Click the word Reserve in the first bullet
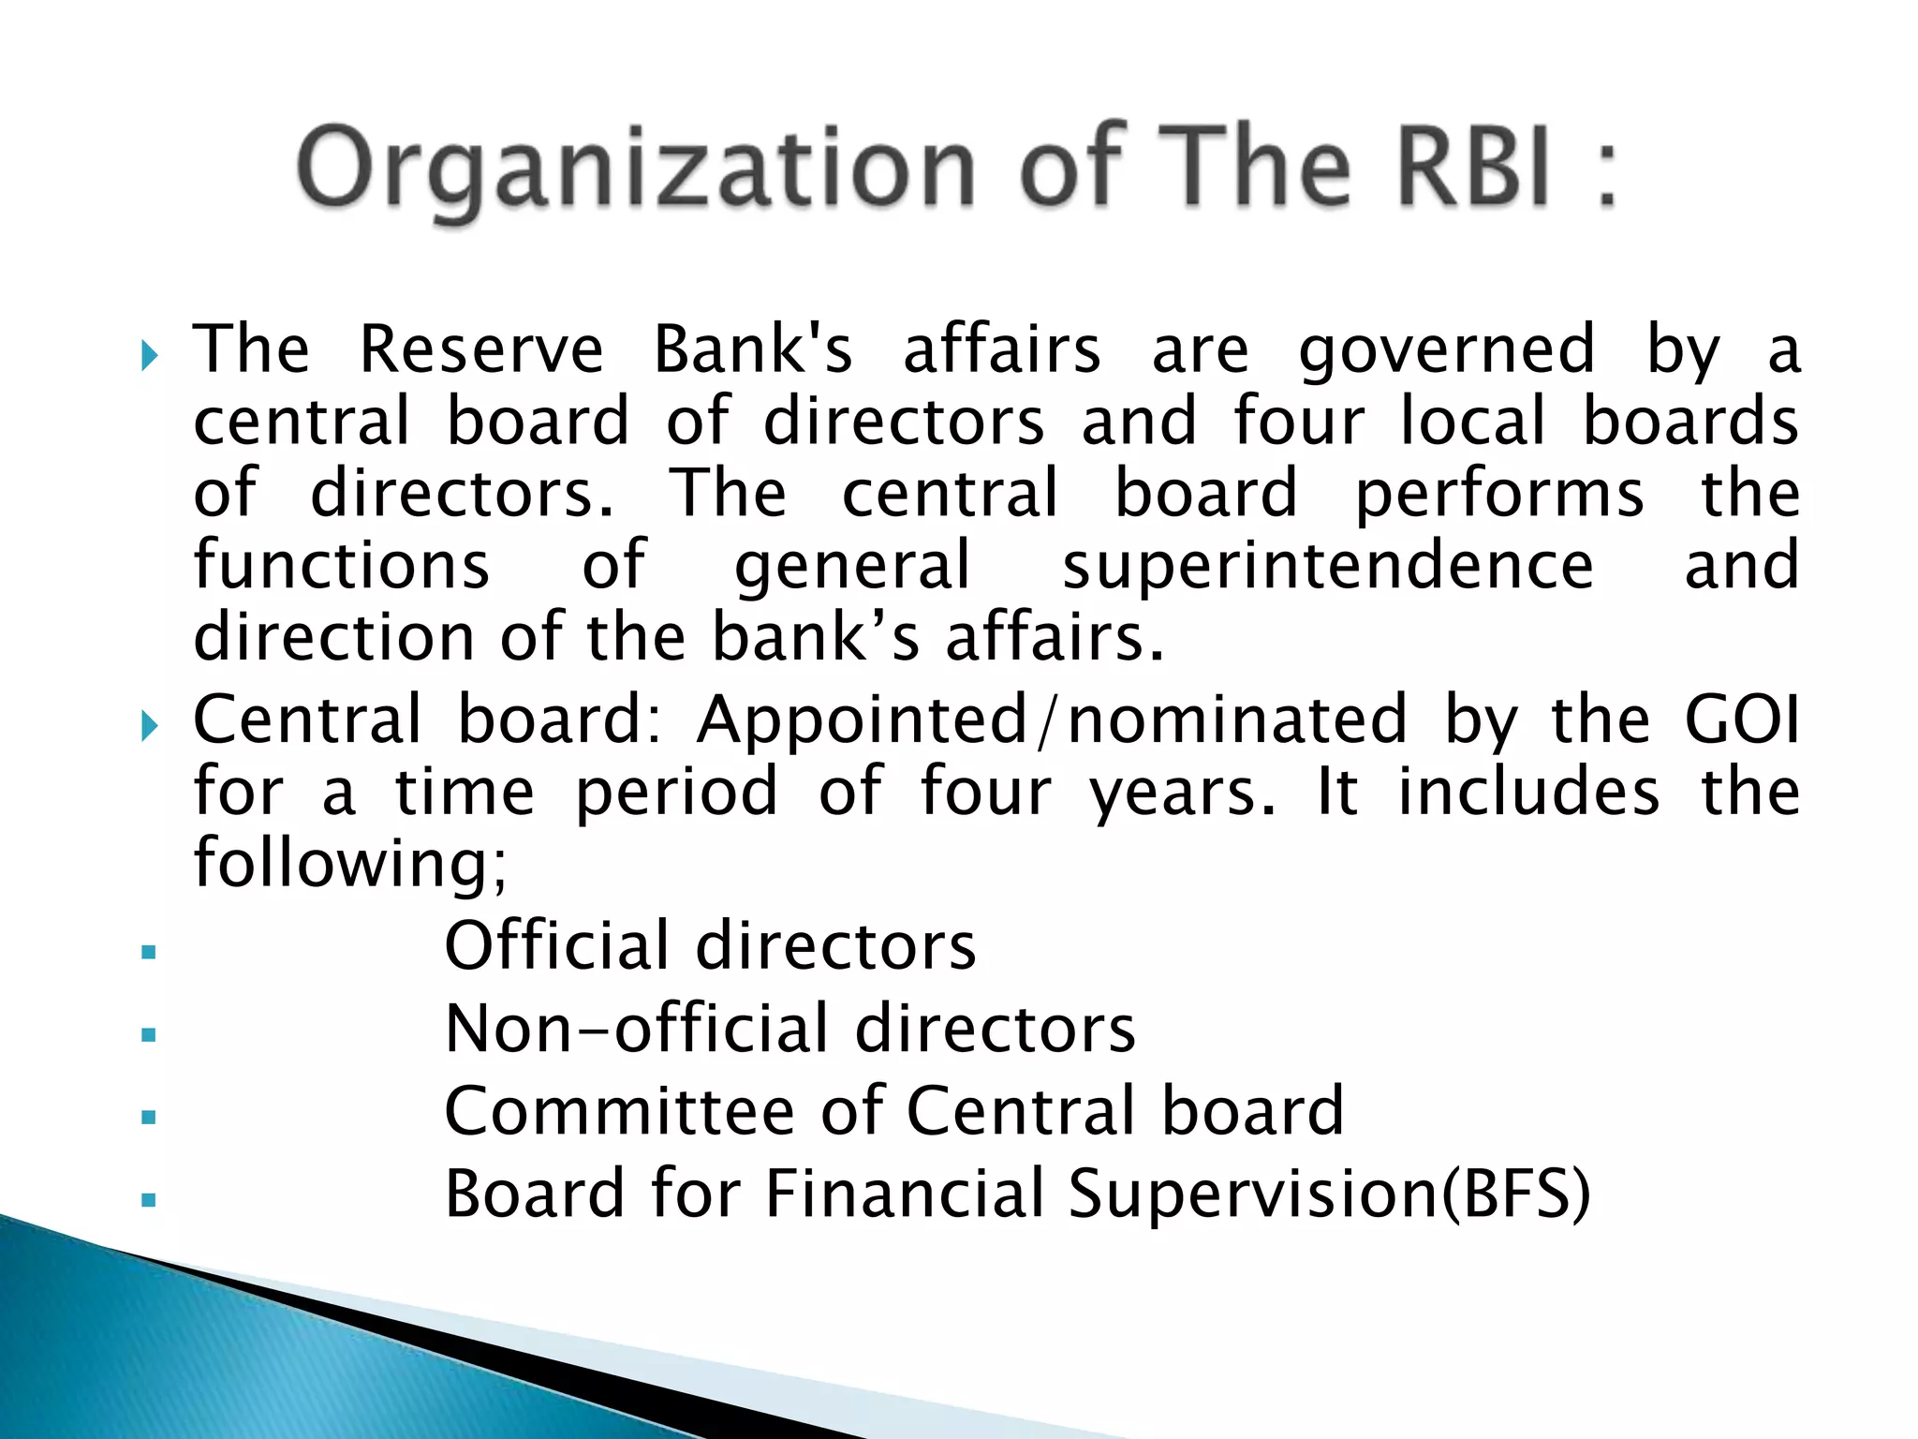(x=481, y=349)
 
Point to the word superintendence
(x=1327, y=565)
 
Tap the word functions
(x=342, y=565)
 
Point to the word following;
(x=350, y=864)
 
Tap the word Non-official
(x=637, y=1029)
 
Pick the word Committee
(x=619, y=1111)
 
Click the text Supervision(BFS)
(x=1329, y=1194)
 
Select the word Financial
(x=904, y=1194)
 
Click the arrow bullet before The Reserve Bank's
(x=149, y=355)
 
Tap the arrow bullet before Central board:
(x=149, y=725)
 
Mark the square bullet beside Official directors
(x=148, y=953)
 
